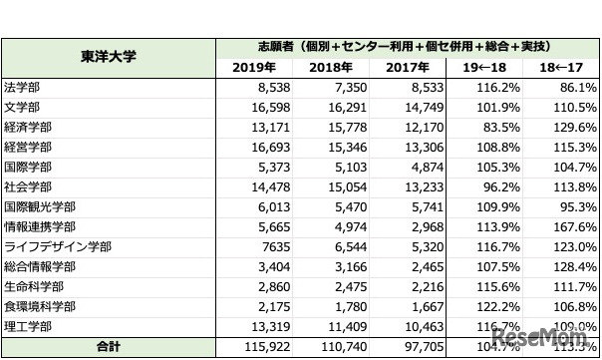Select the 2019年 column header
259,68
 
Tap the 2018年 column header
336,68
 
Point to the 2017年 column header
411,68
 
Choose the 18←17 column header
562,68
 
